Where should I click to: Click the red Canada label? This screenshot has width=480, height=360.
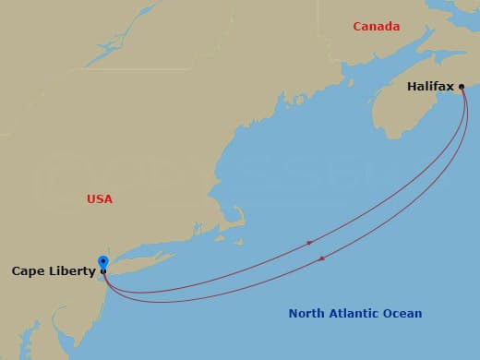(x=377, y=27)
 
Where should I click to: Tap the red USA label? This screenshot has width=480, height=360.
(x=99, y=198)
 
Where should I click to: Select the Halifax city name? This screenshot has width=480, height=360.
(x=430, y=87)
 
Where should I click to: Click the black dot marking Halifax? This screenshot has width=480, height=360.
(x=462, y=87)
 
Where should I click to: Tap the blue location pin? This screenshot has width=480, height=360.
(x=102, y=262)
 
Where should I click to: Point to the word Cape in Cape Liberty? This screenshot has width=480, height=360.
(x=27, y=271)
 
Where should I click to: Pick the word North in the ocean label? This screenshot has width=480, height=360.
(x=306, y=314)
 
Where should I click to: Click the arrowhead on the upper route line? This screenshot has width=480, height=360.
(x=310, y=243)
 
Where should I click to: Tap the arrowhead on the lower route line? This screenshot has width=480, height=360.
(x=321, y=258)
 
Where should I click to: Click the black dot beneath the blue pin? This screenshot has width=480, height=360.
(x=102, y=272)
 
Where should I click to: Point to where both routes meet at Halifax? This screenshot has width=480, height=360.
(x=463, y=90)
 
